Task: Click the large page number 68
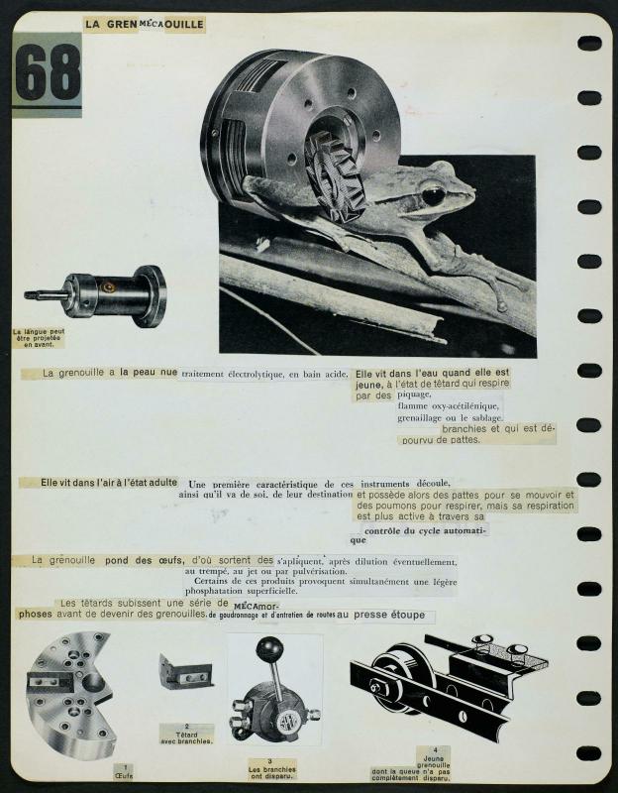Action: point(48,72)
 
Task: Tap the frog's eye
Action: point(433,195)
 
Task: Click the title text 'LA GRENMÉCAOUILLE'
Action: point(145,24)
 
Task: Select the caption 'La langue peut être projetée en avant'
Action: point(39,338)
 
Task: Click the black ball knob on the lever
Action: point(269,648)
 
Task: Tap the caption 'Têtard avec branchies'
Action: point(186,735)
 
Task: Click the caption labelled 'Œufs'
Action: point(124,772)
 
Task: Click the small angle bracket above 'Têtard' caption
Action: point(185,672)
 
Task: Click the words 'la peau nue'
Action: point(149,373)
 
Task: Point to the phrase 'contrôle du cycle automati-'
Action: point(425,531)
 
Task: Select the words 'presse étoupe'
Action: point(389,615)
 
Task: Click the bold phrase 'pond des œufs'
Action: point(145,560)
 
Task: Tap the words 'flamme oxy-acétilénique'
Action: point(449,406)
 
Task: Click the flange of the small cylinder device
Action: point(151,295)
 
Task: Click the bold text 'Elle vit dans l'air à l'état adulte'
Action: point(109,483)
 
